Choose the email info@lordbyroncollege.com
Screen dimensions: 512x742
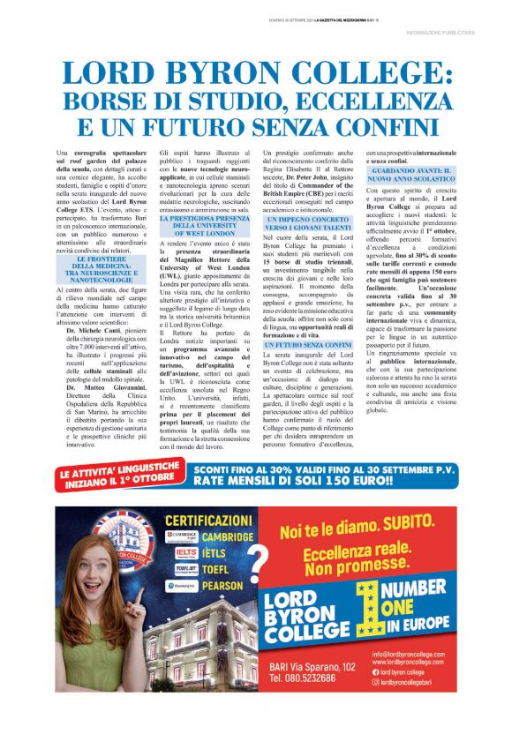[416, 654]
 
